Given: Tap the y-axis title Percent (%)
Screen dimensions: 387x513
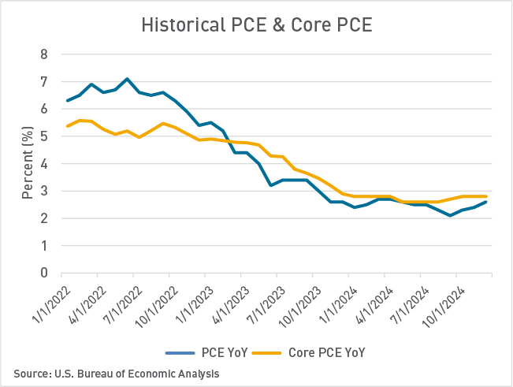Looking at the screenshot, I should point(27,164).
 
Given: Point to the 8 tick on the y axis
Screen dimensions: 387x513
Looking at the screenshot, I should point(43,54).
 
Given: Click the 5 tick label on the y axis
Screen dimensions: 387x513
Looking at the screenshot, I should point(43,136).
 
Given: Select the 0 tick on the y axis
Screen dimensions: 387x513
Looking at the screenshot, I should point(43,273).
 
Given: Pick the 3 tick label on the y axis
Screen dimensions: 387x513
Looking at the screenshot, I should point(43,191).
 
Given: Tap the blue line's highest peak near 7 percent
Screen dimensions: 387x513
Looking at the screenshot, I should point(127,79).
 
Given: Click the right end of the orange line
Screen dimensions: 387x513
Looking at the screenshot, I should point(487,196).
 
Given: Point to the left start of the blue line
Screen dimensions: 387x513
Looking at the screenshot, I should point(66,101).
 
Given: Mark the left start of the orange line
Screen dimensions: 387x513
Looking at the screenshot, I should point(66,126).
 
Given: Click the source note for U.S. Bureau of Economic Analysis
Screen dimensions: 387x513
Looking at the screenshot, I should point(117,373).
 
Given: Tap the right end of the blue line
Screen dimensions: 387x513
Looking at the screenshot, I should point(487,202).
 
